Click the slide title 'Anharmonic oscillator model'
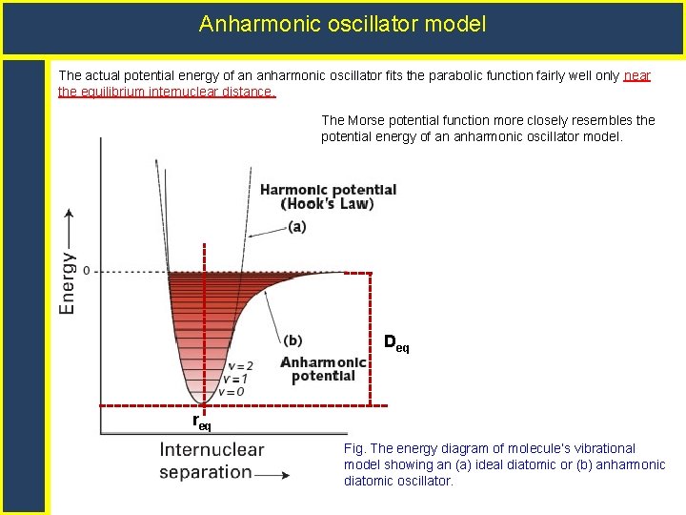point(342,24)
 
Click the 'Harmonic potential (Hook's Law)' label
point(328,196)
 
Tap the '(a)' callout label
point(296,227)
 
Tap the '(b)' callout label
point(293,340)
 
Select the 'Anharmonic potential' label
point(323,369)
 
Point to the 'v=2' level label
point(240,366)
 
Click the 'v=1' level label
point(236,379)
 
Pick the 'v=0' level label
point(232,391)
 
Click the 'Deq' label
point(396,342)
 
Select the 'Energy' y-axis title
point(70,283)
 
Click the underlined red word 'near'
point(636,75)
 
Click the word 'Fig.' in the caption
point(354,448)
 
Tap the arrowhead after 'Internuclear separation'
point(284,473)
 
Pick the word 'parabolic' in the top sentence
point(418,75)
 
